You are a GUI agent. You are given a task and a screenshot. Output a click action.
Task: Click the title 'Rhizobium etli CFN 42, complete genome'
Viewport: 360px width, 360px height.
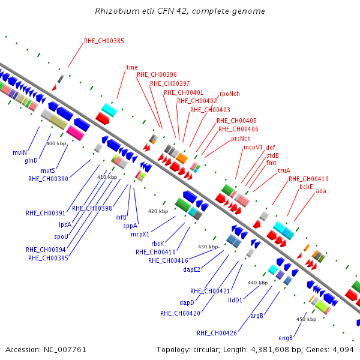(x=180, y=11)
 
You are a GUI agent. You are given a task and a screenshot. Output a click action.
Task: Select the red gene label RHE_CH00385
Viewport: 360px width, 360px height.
(x=104, y=41)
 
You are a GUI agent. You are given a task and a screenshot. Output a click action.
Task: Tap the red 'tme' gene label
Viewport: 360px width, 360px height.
(x=132, y=67)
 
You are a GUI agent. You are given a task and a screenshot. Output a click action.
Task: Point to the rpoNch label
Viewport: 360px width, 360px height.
(x=230, y=94)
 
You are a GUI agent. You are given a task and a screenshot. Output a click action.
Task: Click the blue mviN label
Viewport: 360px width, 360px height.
(x=20, y=152)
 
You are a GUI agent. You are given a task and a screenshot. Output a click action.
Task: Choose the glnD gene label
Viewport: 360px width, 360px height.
(x=31, y=160)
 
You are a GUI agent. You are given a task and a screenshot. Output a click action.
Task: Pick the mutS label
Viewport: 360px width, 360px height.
(x=48, y=170)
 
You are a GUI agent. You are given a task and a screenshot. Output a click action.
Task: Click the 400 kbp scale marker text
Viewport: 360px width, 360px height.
(x=56, y=144)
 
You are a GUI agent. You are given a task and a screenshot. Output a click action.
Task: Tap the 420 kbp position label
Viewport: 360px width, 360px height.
(x=158, y=211)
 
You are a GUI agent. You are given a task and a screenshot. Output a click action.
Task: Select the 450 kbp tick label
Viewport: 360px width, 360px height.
(x=306, y=319)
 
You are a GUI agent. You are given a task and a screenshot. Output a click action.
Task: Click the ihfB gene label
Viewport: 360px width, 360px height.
(x=121, y=217)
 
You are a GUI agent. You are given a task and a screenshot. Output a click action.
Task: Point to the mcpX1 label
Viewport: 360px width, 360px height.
(x=140, y=234)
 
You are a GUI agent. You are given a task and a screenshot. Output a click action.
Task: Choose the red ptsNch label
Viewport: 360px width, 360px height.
(x=241, y=139)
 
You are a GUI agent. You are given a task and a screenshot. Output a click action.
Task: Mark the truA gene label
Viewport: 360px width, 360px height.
(x=284, y=170)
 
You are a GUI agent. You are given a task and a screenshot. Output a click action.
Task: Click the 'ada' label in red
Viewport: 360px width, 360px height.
(x=321, y=191)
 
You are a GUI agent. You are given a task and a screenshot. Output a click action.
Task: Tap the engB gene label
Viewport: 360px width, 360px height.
(x=286, y=338)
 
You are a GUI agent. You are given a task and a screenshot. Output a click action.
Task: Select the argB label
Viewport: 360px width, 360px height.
(x=257, y=316)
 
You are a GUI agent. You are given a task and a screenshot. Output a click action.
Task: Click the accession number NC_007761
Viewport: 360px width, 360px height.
(x=65, y=350)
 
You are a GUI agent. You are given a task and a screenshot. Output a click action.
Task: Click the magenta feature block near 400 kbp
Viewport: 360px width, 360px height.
(x=75, y=133)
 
